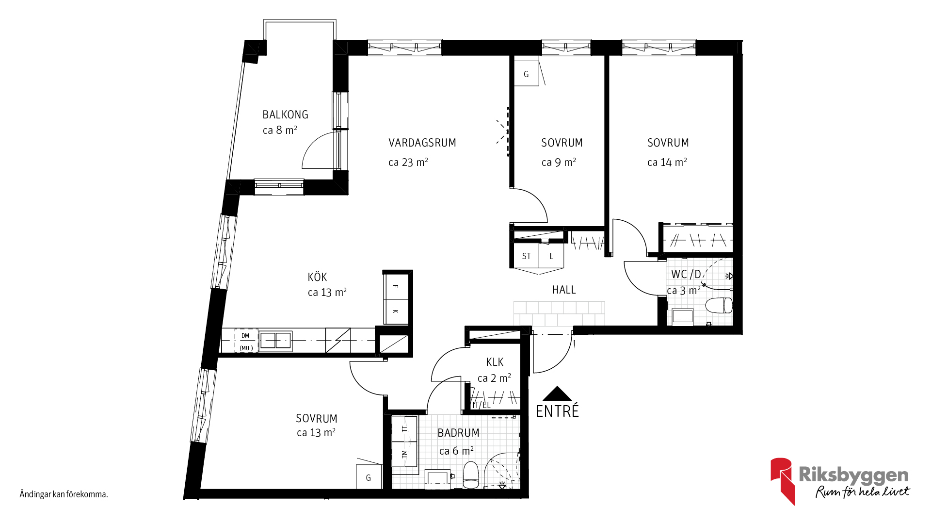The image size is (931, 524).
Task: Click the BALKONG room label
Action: [285, 115]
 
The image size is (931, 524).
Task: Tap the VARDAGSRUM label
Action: [422, 143]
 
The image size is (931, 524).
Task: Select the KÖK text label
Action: [317, 277]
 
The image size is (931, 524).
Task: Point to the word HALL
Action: [564, 290]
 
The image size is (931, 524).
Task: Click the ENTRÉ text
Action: [557, 411]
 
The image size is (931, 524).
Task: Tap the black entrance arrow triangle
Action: [558, 393]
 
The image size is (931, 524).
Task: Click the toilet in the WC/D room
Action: [719, 306]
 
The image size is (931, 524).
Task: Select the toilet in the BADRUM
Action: [471, 475]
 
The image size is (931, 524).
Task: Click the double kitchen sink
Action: [275, 341]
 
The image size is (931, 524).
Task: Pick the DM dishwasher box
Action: [246, 341]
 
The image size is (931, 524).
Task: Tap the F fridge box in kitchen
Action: [396, 287]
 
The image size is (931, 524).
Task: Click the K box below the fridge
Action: [396, 311]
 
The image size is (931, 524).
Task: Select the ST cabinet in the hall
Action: [527, 256]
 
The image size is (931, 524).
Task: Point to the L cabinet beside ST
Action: [551, 256]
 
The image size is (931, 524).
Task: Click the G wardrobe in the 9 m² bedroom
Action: [526, 74]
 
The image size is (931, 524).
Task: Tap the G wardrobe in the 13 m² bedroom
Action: [369, 477]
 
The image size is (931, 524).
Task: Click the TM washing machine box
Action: [404, 455]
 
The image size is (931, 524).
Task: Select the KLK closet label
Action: [495, 362]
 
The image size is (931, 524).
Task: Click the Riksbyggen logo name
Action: [853, 475]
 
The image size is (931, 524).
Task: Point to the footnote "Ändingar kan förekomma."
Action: [64, 494]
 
